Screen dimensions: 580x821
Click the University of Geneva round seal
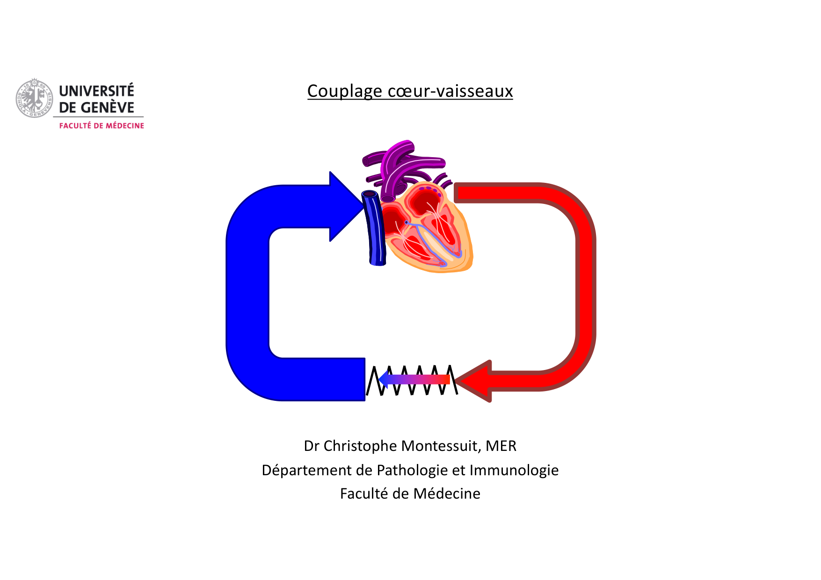point(34,98)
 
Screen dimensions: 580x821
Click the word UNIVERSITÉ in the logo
point(96,90)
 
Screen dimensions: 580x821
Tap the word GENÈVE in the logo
point(107,108)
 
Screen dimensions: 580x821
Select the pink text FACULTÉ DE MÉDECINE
point(102,126)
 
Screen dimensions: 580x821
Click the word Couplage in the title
point(344,91)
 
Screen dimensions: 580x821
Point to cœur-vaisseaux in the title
point(450,91)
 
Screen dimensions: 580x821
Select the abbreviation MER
point(501,446)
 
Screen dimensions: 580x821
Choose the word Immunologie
point(514,470)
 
